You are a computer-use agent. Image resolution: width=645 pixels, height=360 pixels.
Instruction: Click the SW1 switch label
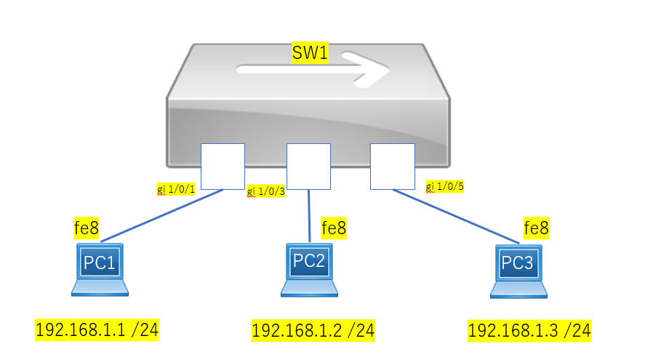310,52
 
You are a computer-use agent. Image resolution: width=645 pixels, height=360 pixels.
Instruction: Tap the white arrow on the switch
313,69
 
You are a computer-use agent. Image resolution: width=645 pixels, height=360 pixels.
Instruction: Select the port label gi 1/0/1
176,189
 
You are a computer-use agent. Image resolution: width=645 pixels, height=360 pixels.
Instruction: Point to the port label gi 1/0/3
265,191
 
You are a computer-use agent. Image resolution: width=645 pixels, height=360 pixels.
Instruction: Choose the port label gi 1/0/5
445,186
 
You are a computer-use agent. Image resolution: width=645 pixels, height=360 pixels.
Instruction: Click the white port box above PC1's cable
223,167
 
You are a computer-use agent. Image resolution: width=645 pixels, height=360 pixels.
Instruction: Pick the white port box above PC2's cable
308,167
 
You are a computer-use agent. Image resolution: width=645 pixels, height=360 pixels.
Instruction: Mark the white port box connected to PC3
393,167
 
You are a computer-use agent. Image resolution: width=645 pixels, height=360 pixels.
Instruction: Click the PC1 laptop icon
100,270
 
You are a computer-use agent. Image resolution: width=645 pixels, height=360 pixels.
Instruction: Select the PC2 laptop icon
309,270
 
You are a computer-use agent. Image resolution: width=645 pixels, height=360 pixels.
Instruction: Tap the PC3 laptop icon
518,271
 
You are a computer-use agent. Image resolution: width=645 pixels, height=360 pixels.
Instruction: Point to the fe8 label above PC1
87,228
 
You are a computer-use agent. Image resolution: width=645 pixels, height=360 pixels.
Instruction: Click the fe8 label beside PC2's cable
334,228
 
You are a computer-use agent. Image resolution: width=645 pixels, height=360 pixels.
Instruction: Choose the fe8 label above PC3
536,228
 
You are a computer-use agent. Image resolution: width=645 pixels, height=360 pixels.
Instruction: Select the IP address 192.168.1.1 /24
97,330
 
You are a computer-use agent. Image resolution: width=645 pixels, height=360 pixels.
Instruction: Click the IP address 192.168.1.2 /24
313,330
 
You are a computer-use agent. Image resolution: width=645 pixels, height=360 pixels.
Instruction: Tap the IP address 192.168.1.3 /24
529,330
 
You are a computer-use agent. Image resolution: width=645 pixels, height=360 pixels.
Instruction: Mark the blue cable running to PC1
162,215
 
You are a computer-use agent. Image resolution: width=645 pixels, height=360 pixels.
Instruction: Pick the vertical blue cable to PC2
309,216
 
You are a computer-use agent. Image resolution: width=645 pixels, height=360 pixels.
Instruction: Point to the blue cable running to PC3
456,217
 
